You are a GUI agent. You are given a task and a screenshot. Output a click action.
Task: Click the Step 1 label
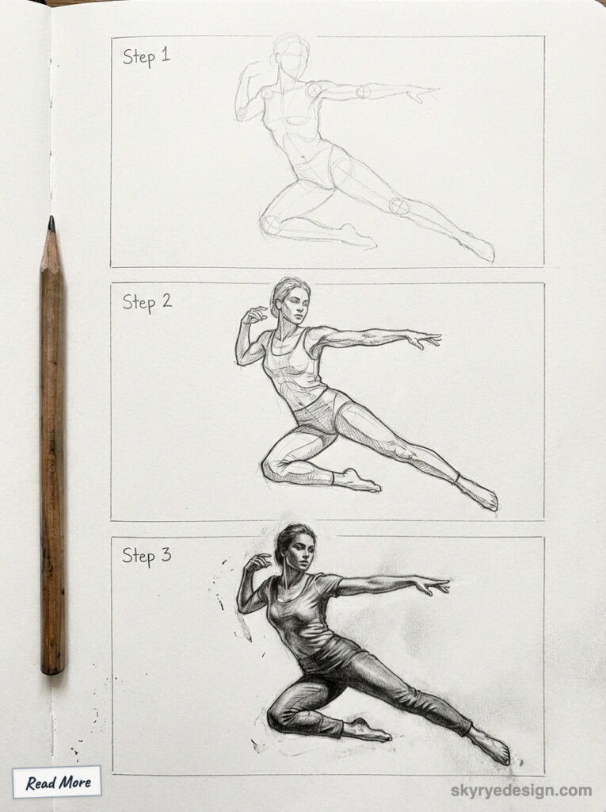146,56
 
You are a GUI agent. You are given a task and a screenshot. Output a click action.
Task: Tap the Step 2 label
147,301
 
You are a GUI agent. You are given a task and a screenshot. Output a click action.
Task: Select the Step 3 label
147,555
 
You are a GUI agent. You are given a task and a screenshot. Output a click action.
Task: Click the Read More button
57,783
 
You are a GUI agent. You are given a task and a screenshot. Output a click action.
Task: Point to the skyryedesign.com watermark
520,790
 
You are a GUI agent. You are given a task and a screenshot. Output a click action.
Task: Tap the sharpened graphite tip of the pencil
51,224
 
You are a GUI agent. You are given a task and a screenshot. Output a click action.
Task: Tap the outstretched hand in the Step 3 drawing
432,586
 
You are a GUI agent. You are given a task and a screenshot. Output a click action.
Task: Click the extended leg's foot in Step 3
491,746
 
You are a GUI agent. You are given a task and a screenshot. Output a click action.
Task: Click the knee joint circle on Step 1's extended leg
398,206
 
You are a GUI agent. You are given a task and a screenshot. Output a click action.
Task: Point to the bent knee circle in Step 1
272,225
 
